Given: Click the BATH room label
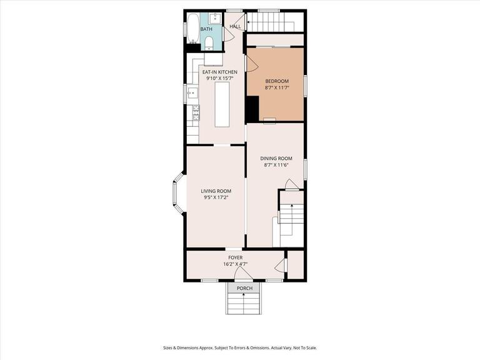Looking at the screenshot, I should tap(206, 29).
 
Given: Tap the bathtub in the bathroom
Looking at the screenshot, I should tap(192, 28).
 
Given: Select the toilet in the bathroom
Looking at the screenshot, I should tap(209, 42).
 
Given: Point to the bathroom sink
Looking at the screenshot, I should tap(215, 17).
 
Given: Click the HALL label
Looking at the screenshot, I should tap(235, 27).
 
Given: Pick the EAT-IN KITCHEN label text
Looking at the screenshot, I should tap(219, 72).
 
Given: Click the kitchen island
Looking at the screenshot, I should tap(222, 104).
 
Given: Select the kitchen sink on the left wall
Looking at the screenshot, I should tap(192, 94).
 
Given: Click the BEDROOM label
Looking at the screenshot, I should tap(277, 82).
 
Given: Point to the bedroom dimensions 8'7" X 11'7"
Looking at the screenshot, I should tap(277, 89).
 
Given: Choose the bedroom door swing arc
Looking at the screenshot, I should tap(252, 63).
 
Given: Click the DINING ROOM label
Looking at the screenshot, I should tap(276, 158).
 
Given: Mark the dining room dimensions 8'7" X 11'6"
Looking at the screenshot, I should tap(276, 165).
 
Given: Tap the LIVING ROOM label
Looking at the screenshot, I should tap(216, 191).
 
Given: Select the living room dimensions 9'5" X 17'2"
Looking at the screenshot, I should tap(216, 197).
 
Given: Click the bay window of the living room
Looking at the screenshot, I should tap(177, 195).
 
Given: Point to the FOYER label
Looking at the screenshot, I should tap(235, 257).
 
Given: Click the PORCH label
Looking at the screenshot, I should tap(244, 288).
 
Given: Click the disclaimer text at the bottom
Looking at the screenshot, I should tap(240, 347).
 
